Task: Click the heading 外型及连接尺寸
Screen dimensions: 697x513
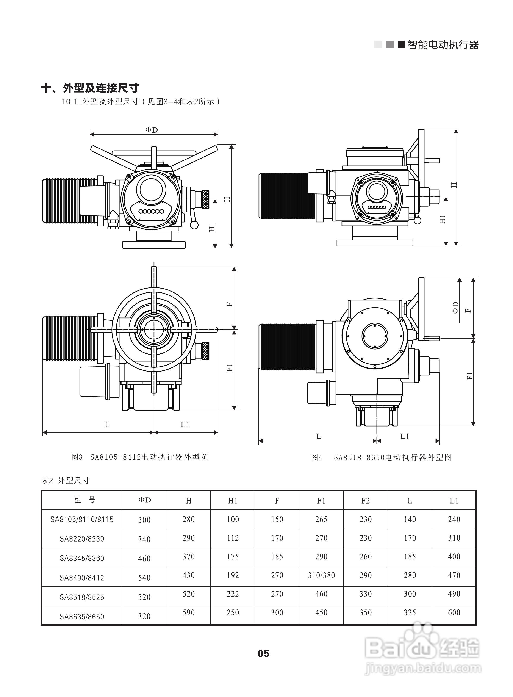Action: click(90, 88)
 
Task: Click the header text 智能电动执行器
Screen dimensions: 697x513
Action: click(443, 45)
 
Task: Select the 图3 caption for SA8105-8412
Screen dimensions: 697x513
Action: click(140, 457)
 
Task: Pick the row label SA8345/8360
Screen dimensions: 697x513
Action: click(82, 558)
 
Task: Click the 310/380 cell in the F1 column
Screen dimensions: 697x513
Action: click(321, 575)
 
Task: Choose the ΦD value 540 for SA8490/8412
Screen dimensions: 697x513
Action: click(144, 578)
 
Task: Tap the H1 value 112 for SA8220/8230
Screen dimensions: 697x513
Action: click(233, 538)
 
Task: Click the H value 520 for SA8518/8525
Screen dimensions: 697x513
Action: click(188, 594)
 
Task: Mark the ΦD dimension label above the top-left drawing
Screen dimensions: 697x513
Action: click(152, 130)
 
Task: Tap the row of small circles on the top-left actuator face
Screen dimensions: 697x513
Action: click(151, 212)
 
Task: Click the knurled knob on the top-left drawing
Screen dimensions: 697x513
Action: click(205, 199)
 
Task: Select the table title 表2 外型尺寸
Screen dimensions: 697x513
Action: click(66, 480)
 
